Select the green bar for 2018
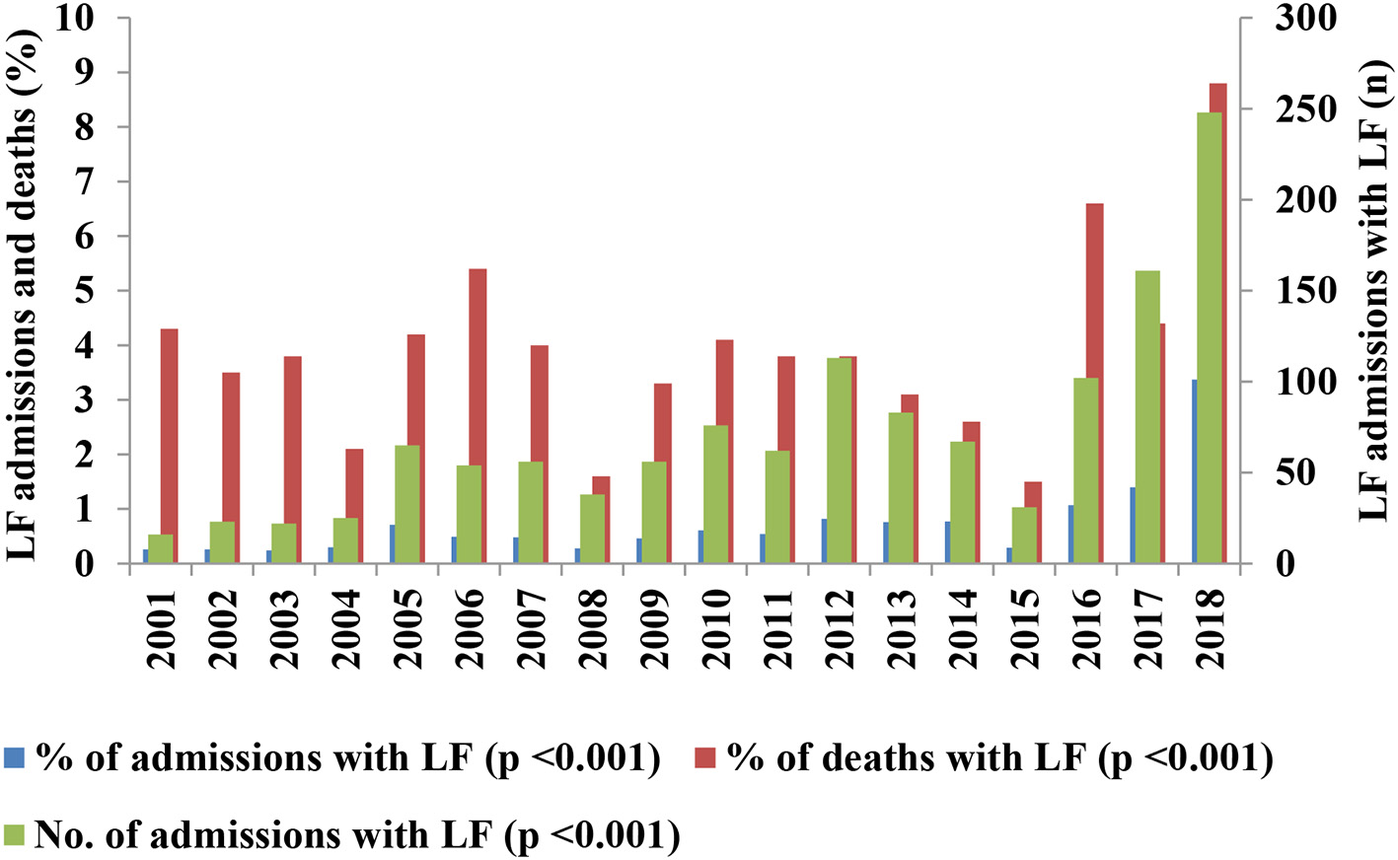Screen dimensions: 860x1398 (1209, 337)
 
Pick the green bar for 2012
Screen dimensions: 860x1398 (839, 460)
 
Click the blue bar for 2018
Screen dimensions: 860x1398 (1194, 471)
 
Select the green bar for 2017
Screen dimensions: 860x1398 (1146, 416)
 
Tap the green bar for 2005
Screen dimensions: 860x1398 (406, 504)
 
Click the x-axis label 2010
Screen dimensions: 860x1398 (716, 628)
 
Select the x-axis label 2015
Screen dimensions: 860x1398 (1025, 628)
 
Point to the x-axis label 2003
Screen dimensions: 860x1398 (284, 628)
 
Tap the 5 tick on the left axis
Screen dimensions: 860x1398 (92, 291)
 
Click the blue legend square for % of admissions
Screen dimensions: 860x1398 (14, 757)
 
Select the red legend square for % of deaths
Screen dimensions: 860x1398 (704, 757)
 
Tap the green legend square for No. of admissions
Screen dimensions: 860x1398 (14, 834)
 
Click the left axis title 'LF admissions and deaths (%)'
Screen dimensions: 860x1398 (24, 291)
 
